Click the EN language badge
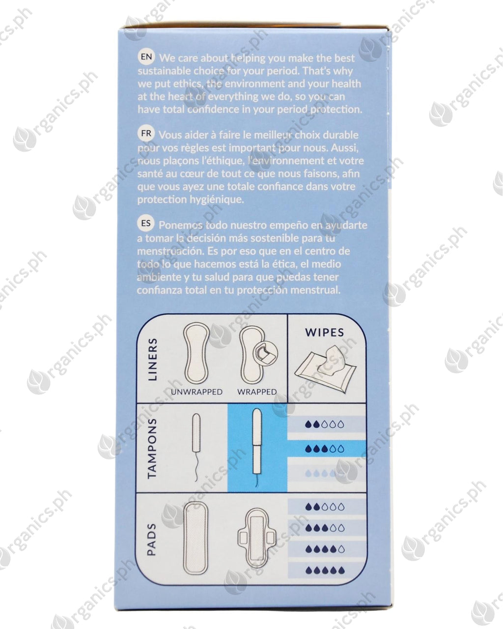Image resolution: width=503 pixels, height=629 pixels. pyautogui.click(x=146, y=57)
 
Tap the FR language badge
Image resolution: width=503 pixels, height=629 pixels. pyautogui.click(x=146, y=134)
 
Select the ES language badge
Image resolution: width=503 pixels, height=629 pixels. pyautogui.click(x=146, y=224)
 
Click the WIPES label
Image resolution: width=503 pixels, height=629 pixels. pyautogui.click(x=324, y=332)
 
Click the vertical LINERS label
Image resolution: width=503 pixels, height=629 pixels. pyautogui.click(x=153, y=360)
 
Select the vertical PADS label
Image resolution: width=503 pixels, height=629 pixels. pyautogui.click(x=152, y=539)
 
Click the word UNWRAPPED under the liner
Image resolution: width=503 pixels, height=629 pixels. pyautogui.click(x=196, y=392)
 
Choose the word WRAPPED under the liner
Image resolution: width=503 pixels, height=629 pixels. pyautogui.click(x=257, y=392)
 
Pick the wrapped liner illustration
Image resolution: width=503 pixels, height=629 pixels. pyautogui.click(x=258, y=354)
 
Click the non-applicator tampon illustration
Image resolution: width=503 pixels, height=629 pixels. pyautogui.click(x=196, y=447)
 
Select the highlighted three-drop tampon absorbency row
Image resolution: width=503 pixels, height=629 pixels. pyautogui.click(x=327, y=449)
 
